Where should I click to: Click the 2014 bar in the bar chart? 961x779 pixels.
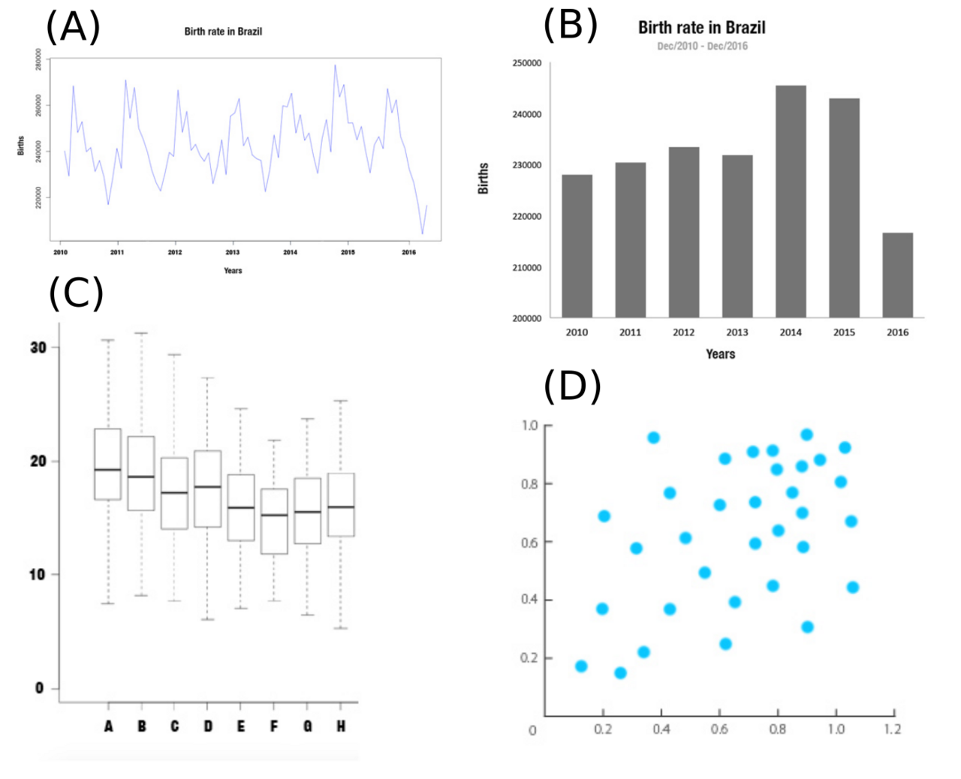(x=791, y=201)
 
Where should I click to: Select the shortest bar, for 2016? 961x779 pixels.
(x=897, y=275)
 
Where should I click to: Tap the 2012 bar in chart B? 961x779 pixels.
(x=683, y=233)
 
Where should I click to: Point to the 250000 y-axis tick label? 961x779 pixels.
(x=526, y=63)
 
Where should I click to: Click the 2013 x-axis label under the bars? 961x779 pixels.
(x=737, y=332)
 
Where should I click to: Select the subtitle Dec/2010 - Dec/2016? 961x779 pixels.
(x=702, y=46)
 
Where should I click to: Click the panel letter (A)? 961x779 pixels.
(x=73, y=27)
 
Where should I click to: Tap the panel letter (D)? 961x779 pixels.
(x=572, y=386)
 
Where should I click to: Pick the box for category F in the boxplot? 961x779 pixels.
(x=274, y=521)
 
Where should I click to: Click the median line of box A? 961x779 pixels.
(x=108, y=470)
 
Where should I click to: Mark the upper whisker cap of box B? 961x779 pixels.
(x=141, y=333)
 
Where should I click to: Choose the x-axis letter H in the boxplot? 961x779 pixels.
(x=341, y=726)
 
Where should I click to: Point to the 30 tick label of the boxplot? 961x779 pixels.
(x=38, y=347)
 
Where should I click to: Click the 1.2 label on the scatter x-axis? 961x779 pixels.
(x=892, y=729)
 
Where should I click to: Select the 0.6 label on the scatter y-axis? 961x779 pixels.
(x=529, y=542)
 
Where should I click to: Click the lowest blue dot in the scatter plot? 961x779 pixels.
(x=620, y=673)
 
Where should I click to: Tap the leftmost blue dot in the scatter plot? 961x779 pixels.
(x=581, y=666)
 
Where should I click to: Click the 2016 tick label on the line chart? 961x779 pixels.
(x=408, y=252)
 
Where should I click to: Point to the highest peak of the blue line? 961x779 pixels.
(x=335, y=65)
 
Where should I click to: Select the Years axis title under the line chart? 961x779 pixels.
(x=233, y=271)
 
